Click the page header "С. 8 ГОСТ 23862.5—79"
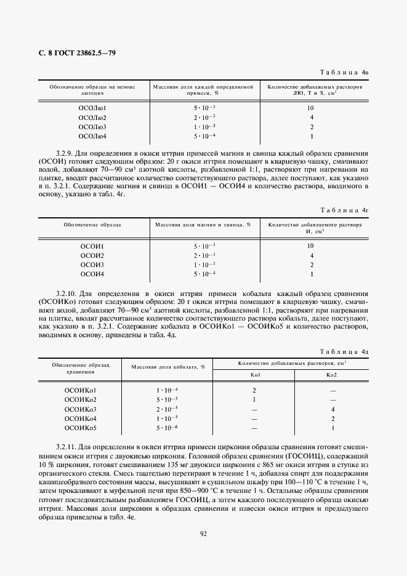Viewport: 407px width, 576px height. tap(73, 53)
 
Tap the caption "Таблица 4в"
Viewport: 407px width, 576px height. tap(350, 72)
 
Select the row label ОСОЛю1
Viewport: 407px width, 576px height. tap(92, 108)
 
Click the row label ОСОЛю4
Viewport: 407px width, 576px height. tap(92, 136)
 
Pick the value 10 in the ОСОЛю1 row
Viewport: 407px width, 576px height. tap(311, 108)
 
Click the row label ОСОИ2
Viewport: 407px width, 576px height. tap(92, 255)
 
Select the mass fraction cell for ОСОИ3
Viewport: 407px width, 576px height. tap(204, 265)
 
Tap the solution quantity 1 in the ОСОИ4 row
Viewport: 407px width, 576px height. tap(312, 274)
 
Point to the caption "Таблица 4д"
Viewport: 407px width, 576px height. tap(350, 350)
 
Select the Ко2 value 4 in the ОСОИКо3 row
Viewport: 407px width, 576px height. tap(332, 409)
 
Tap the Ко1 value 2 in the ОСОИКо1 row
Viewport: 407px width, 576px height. tap(254, 391)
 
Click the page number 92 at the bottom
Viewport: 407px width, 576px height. tap(203, 534)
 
